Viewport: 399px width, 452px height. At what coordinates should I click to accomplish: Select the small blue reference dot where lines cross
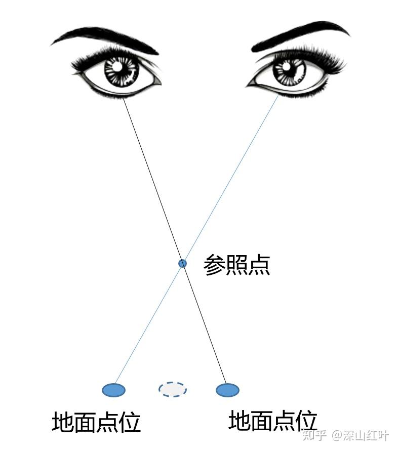click(182, 263)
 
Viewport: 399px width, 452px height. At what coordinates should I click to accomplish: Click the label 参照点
click(236, 265)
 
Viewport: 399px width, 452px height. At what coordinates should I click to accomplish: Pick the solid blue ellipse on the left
click(113, 390)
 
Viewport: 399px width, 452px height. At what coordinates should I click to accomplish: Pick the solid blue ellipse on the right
click(227, 390)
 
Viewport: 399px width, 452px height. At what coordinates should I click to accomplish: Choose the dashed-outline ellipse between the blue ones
click(172, 389)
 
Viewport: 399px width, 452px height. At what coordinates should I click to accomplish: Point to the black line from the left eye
click(152, 177)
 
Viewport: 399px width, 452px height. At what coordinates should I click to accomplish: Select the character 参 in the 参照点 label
click(214, 265)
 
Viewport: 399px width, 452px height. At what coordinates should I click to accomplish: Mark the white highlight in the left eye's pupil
click(117, 66)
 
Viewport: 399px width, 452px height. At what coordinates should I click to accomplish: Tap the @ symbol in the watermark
click(337, 436)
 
